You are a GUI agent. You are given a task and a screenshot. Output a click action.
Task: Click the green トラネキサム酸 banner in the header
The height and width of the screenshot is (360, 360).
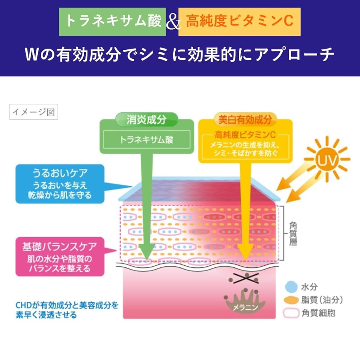[112, 22]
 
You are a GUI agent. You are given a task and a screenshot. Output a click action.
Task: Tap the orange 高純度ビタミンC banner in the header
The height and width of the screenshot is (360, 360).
[239, 22]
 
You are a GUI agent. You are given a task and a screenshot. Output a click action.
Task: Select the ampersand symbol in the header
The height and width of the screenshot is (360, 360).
[173, 23]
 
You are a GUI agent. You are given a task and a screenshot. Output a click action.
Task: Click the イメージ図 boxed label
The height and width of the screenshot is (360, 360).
[33, 112]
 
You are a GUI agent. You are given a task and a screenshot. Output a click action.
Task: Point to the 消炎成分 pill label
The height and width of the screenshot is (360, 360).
[147, 120]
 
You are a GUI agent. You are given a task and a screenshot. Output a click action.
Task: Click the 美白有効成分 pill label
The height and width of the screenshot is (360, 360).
[245, 120]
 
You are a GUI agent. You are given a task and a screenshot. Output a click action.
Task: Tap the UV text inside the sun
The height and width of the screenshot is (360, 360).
[327, 159]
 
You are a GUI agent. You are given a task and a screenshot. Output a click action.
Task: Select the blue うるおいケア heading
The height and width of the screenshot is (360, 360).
[60, 173]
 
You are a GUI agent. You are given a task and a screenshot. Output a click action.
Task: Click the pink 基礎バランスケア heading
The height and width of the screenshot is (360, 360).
[60, 247]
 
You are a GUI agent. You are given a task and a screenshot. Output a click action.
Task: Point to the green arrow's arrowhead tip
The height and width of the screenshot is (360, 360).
[147, 261]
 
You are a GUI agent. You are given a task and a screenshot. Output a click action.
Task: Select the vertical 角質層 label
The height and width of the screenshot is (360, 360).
[293, 234]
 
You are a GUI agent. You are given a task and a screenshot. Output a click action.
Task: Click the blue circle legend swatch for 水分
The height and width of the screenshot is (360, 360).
[291, 287]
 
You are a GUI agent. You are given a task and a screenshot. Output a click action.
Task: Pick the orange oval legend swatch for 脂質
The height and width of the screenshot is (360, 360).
[291, 300]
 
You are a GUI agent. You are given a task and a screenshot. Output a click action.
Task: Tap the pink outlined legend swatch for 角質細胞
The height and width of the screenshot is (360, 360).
[291, 313]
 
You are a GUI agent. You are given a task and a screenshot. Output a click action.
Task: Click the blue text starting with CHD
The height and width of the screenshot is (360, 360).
[67, 310]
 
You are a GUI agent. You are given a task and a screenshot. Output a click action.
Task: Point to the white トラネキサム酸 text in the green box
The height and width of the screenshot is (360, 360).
[147, 140]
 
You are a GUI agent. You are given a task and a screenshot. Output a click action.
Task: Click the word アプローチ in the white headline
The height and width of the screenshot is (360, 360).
[294, 55]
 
